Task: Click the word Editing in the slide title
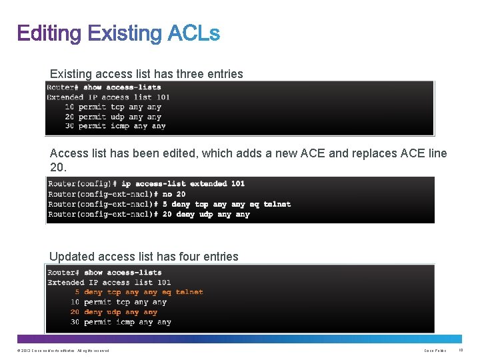[x=49, y=33]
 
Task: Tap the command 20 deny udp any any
[x=205, y=214]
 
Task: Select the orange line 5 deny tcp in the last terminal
[x=139, y=292]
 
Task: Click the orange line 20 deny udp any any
[x=114, y=312]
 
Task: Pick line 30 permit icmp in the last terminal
[x=121, y=322]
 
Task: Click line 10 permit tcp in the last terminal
[x=119, y=302]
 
